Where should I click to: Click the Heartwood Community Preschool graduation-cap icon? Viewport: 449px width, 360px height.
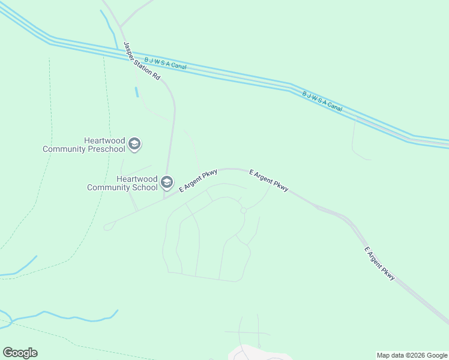[x=135, y=144]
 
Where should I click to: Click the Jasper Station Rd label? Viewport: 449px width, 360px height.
[x=142, y=61]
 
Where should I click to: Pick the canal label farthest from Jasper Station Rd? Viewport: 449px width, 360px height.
[x=322, y=101]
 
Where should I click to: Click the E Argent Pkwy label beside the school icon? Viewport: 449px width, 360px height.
[x=197, y=181]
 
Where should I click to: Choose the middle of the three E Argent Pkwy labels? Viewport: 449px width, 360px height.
[x=269, y=180]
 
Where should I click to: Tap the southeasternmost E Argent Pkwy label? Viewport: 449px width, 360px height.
[x=380, y=263]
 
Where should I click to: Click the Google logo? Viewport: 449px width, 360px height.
[x=20, y=353]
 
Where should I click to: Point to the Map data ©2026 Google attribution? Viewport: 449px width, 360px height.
[x=412, y=355]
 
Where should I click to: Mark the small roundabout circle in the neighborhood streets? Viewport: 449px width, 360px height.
[x=244, y=211]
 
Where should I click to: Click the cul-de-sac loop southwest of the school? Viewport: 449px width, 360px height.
[x=108, y=227]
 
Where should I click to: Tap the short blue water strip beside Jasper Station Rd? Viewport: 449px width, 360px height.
[x=137, y=92]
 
